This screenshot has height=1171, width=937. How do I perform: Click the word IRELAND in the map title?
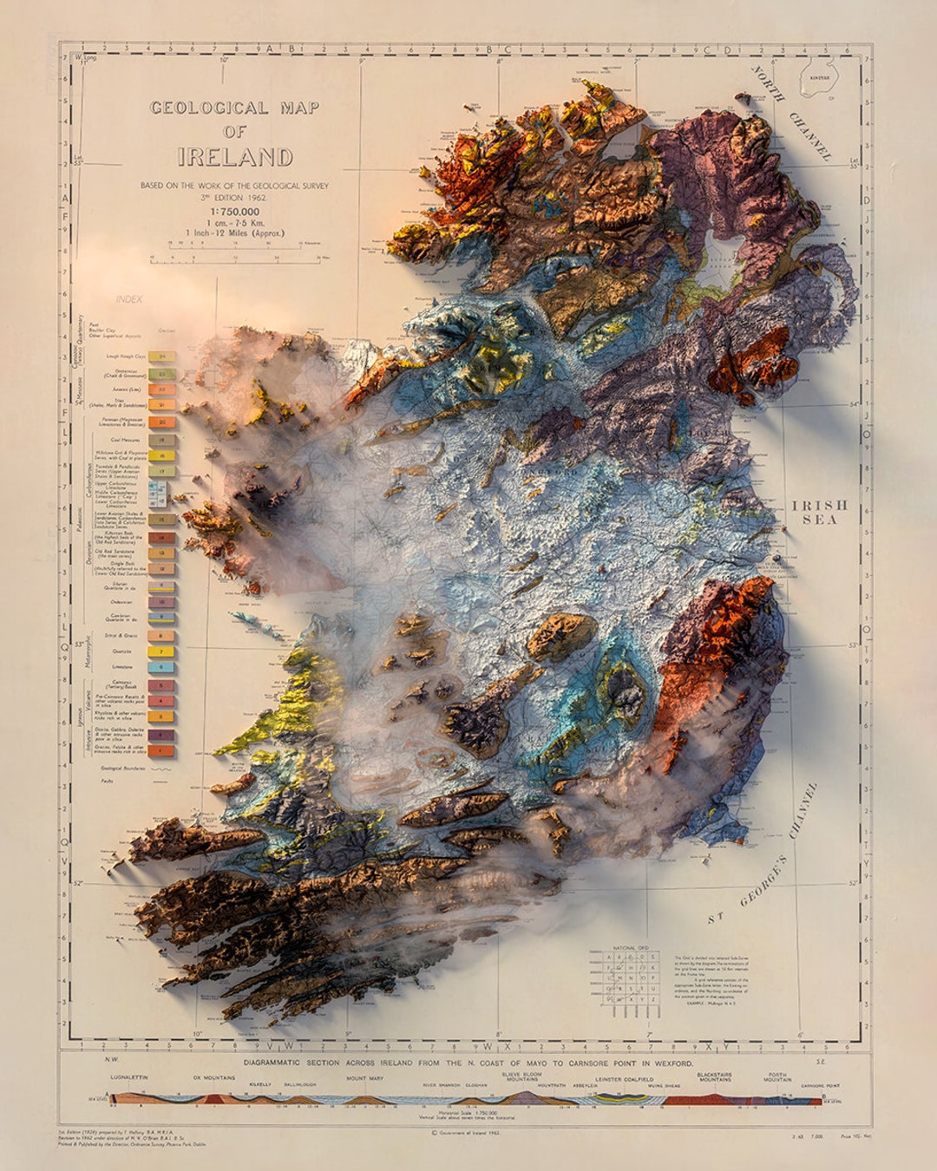(x=235, y=157)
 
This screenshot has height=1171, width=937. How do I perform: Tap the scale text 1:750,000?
(x=234, y=212)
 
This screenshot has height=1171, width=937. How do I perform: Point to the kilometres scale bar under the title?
(x=234, y=256)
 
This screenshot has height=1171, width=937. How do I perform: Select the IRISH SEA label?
(x=819, y=512)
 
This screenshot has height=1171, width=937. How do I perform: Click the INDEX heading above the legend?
(x=128, y=299)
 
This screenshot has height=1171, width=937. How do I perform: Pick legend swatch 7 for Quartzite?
(x=161, y=651)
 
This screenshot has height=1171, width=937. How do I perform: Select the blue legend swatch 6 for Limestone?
(x=161, y=668)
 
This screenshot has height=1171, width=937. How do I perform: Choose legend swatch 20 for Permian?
(x=161, y=422)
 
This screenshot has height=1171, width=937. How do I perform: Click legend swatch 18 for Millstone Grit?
(x=161, y=455)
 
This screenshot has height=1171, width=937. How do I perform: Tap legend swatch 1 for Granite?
(x=161, y=750)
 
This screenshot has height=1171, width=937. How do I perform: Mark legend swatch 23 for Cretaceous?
(x=161, y=373)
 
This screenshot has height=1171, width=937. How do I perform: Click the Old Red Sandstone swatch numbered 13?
(x=161, y=553)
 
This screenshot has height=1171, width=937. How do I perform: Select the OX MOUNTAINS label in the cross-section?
(x=214, y=1077)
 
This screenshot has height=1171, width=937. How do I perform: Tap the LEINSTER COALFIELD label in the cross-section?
(x=620, y=1079)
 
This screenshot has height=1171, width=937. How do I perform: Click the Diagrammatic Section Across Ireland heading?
(x=468, y=1063)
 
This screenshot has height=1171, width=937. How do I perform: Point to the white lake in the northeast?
(x=721, y=253)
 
